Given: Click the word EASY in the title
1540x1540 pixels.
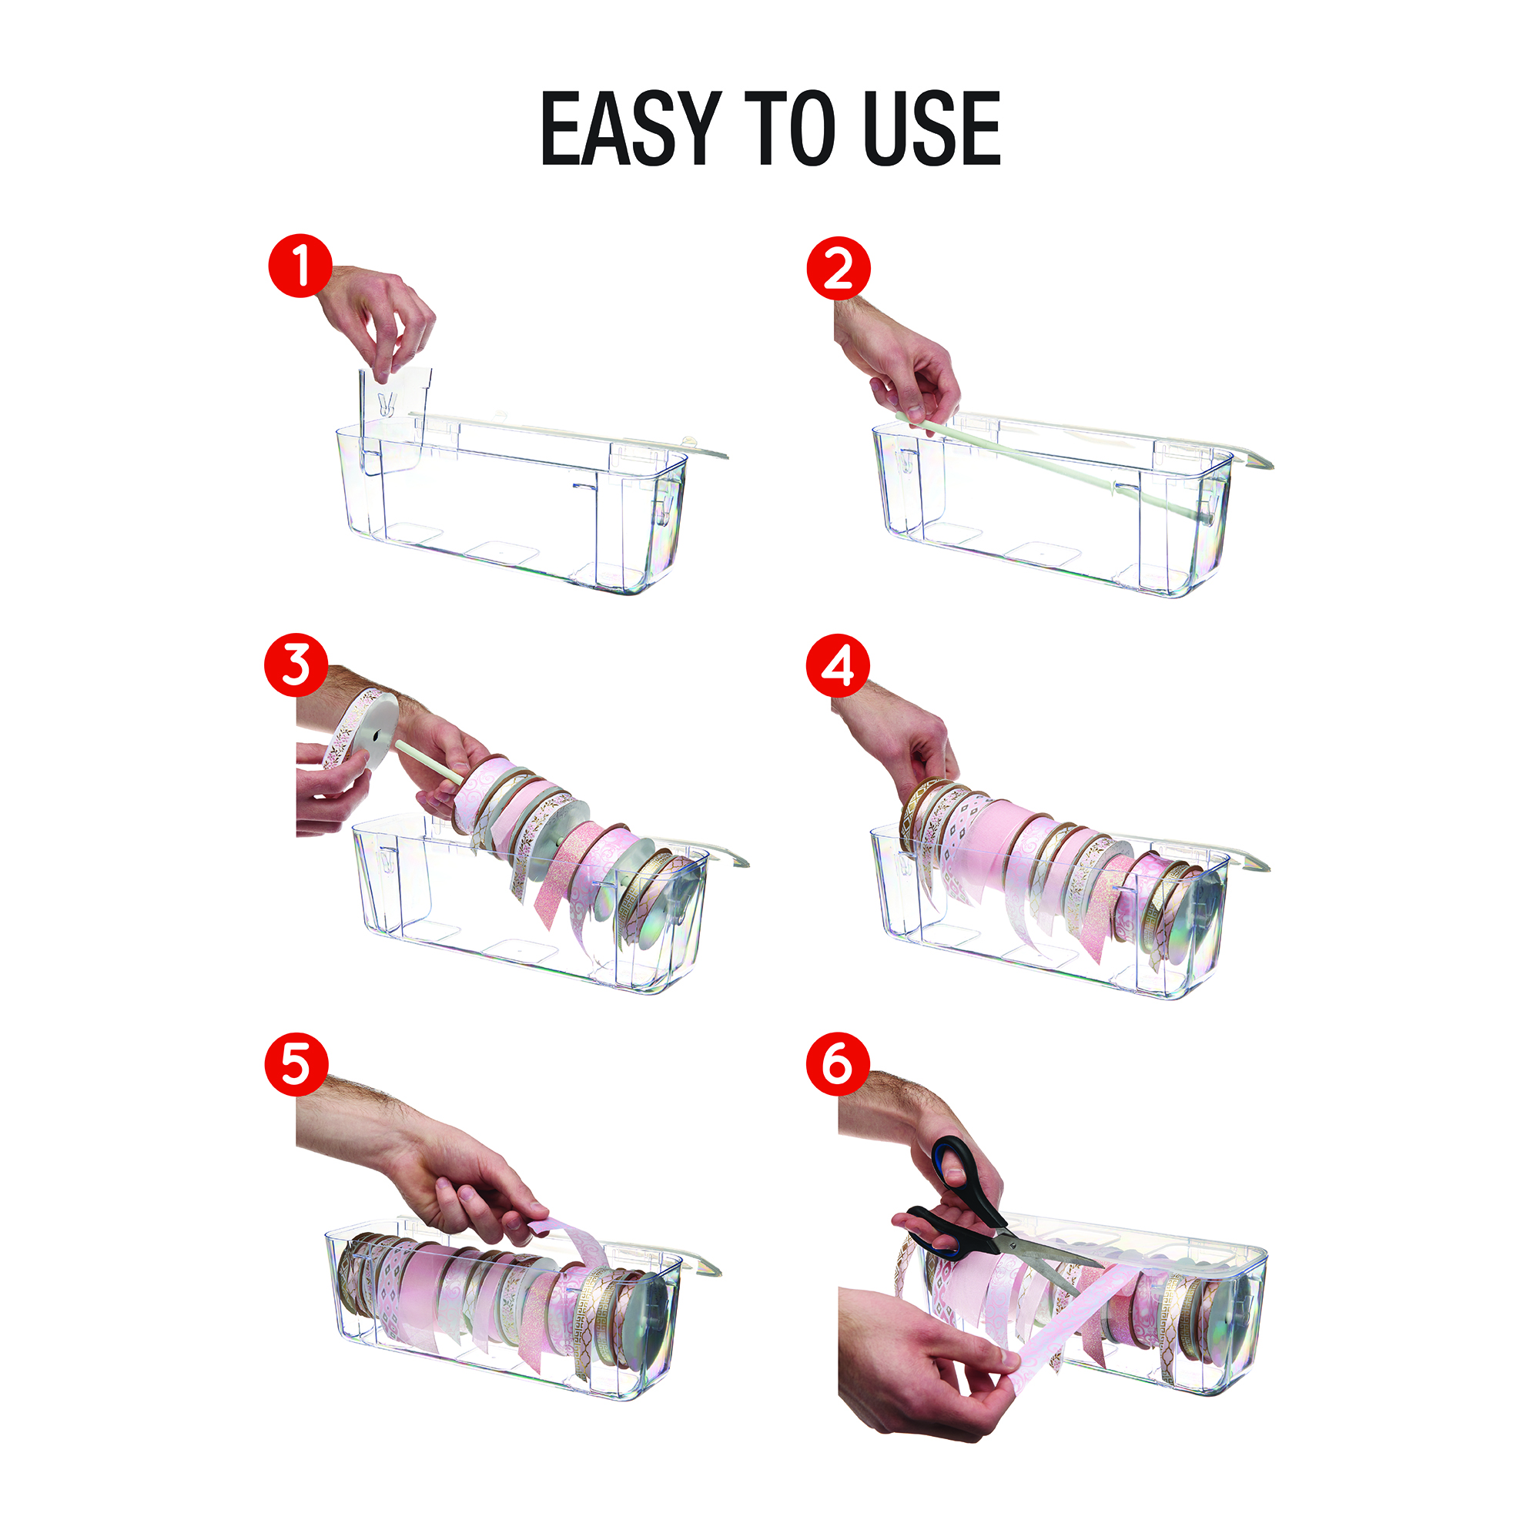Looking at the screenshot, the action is click(x=631, y=128).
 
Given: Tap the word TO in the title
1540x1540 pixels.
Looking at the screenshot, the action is click(x=791, y=128).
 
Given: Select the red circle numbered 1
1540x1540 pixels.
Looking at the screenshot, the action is click(x=300, y=266).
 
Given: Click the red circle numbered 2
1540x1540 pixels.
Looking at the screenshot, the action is click(x=839, y=269).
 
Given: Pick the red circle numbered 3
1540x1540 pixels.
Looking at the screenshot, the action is click(x=296, y=665).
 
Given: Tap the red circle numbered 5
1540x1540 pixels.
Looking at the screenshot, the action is click(x=296, y=1064).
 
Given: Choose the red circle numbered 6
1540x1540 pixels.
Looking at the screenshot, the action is click(x=838, y=1064).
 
